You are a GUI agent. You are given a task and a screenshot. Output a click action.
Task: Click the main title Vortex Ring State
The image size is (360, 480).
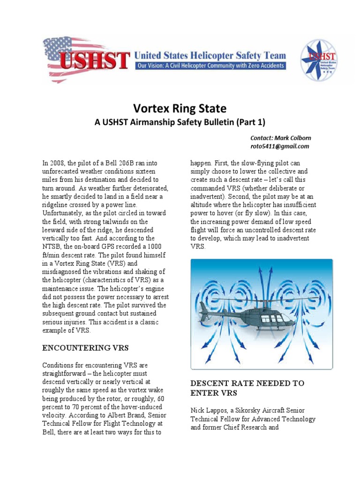(180, 109)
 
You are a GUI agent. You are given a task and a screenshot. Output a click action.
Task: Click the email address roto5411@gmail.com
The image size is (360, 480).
(280, 146)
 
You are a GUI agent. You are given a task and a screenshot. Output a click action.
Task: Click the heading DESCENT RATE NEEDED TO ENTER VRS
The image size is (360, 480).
(247, 388)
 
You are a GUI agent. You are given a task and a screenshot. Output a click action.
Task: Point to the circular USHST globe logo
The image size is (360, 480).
(318, 60)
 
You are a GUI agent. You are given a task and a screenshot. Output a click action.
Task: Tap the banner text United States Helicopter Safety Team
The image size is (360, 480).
(210, 55)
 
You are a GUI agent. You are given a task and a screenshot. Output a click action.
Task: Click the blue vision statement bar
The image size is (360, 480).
(210, 66)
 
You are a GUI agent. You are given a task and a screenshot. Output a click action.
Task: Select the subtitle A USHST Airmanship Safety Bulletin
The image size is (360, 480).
(180, 123)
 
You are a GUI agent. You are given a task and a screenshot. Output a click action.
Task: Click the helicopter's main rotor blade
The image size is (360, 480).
(262, 299)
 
